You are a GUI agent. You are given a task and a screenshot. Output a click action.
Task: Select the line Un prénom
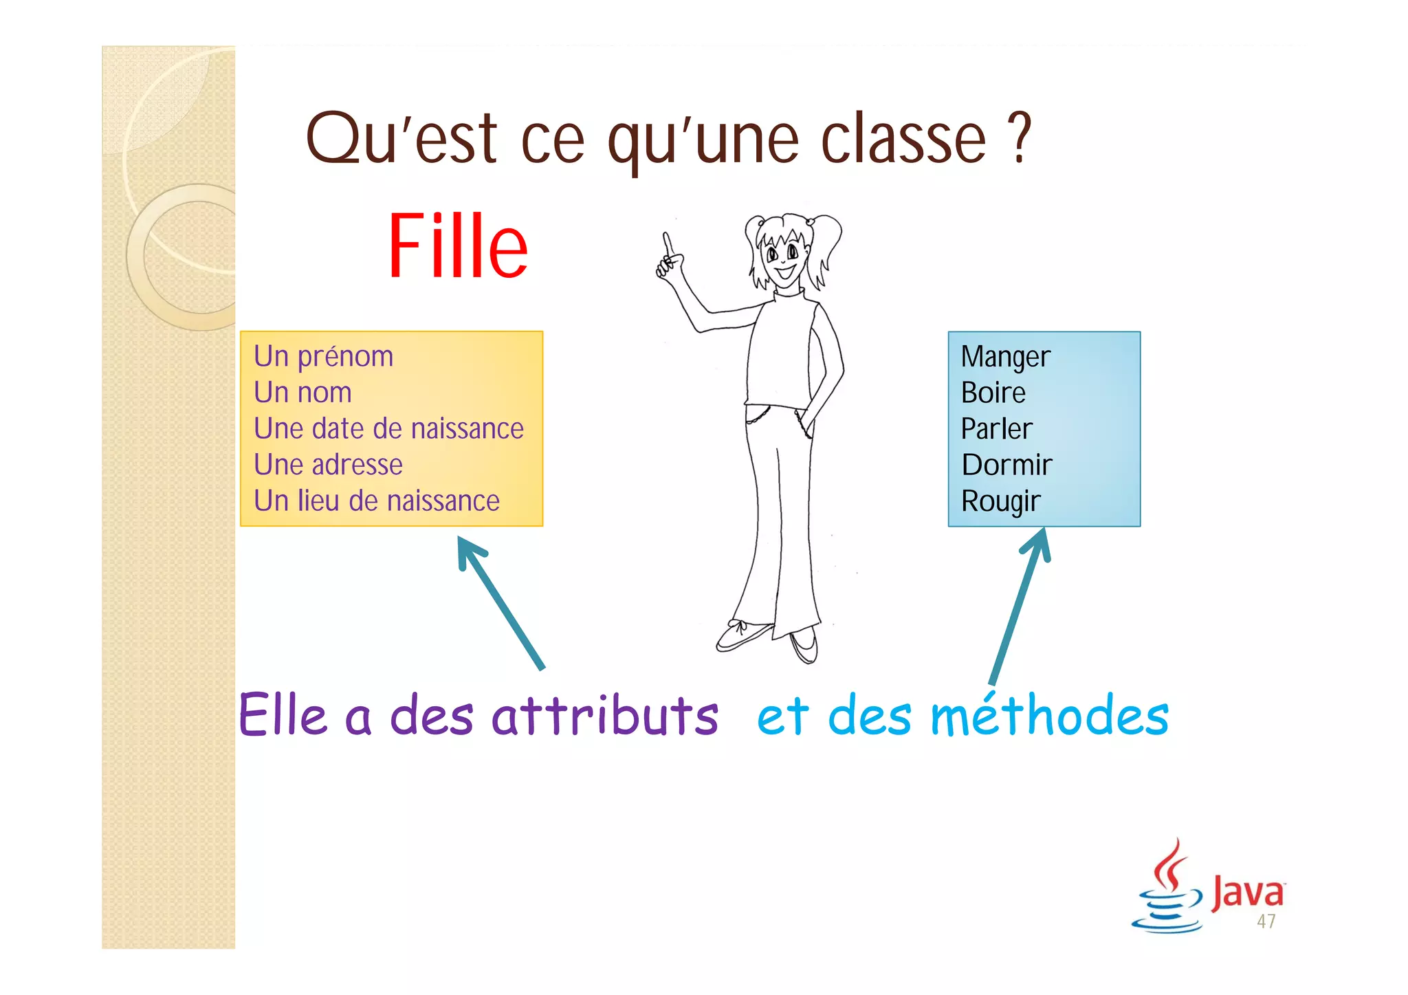[x=323, y=357]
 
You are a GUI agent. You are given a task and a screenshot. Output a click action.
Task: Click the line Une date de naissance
[x=388, y=428]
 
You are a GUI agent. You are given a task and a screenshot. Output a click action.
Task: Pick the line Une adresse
[x=328, y=465]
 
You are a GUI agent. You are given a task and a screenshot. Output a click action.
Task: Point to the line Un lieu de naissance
[x=376, y=501]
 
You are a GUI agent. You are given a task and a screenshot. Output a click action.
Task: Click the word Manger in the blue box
[x=1005, y=357]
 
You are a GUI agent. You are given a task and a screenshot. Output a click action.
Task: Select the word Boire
[x=993, y=393]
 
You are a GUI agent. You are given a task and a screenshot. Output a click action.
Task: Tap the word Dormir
[x=1006, y=465]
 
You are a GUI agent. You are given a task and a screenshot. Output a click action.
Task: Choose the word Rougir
[x=1000, y=501]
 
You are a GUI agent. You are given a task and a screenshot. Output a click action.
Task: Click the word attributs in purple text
[x=604, y=715]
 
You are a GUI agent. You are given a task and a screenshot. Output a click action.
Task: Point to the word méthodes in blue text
[x=1049, y=715]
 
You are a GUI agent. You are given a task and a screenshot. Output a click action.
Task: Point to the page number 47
[x=1266, y=921]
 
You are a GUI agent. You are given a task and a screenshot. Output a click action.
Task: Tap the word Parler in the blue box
[x=996, y=429]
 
